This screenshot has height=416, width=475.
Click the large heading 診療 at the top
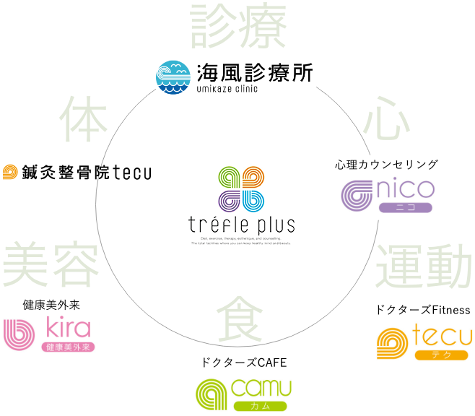[x=238, y=23]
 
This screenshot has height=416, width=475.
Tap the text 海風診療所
[x=253, y=72]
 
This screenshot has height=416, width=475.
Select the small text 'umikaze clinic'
[x=227, y=90]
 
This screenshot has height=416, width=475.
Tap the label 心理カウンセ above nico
[x=367, y=165]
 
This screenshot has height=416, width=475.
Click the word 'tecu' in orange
[x=442, y=337]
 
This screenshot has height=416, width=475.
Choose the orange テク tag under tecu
[x=440, y=355]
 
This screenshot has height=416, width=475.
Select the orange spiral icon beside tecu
[x=392, y=343]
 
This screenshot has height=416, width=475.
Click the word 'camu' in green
[x=261, y=386]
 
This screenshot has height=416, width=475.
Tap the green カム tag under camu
[x=261, y=405]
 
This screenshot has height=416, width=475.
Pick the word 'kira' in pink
[x=68, y=329]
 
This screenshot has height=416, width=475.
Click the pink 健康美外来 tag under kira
[x=68, y=347]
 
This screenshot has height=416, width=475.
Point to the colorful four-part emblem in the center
[x=241, y=188]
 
